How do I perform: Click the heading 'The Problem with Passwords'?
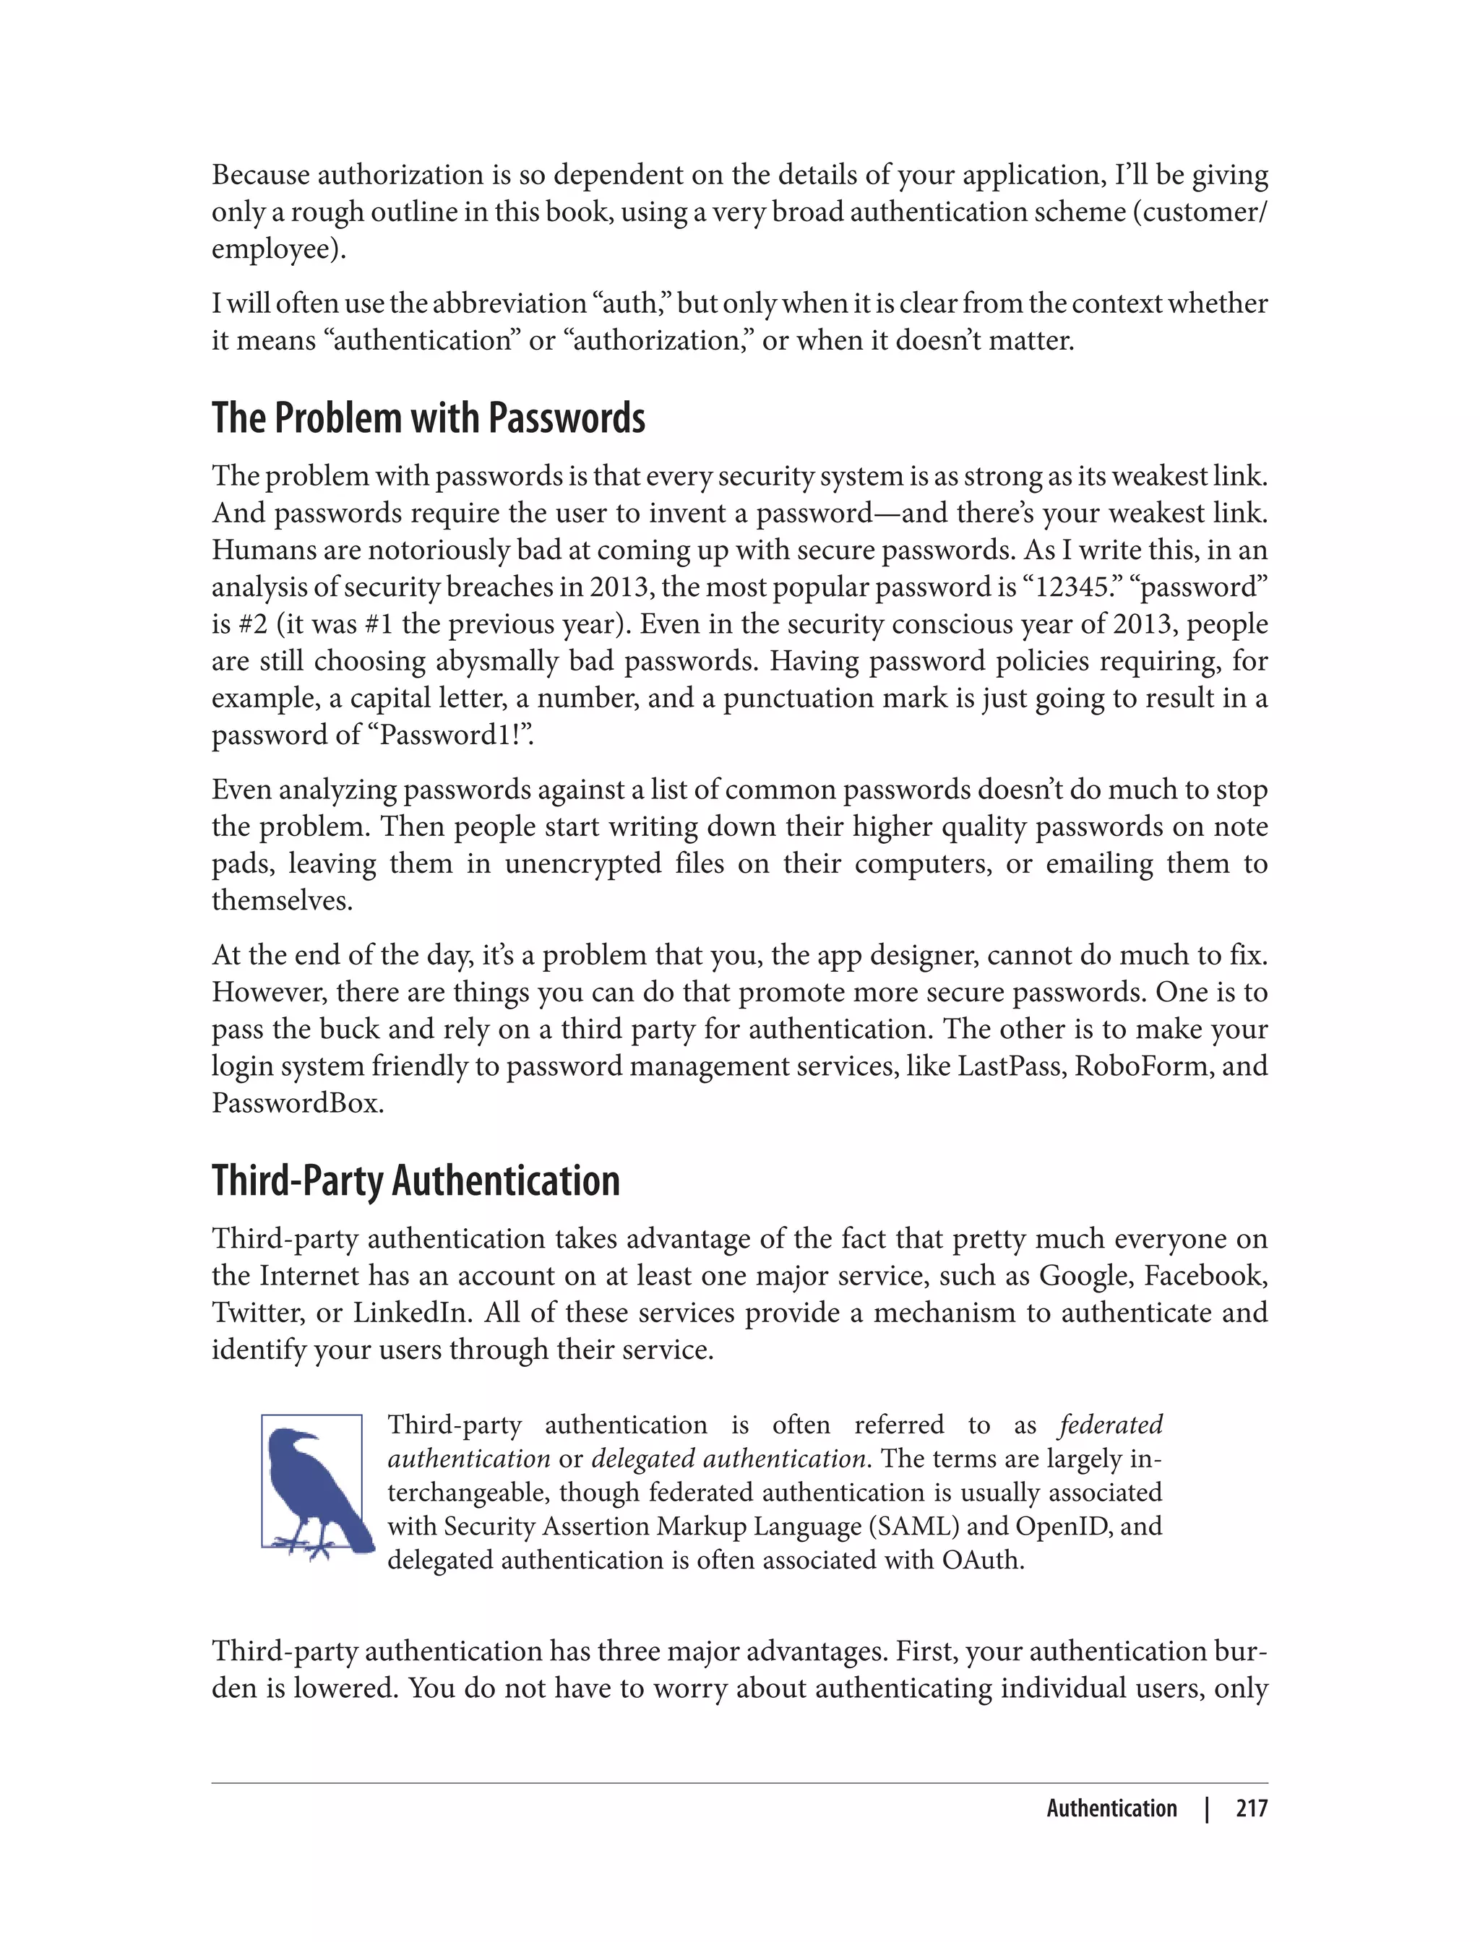(428, 418)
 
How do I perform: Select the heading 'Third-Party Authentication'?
(416, 1181)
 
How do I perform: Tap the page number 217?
(1251, 1808)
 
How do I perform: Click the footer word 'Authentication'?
(1111, 1808)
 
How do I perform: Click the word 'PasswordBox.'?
(298, 1103)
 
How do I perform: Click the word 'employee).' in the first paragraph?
(278, 249)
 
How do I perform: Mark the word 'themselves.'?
(282, 901)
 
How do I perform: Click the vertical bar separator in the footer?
(1207, 1808)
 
